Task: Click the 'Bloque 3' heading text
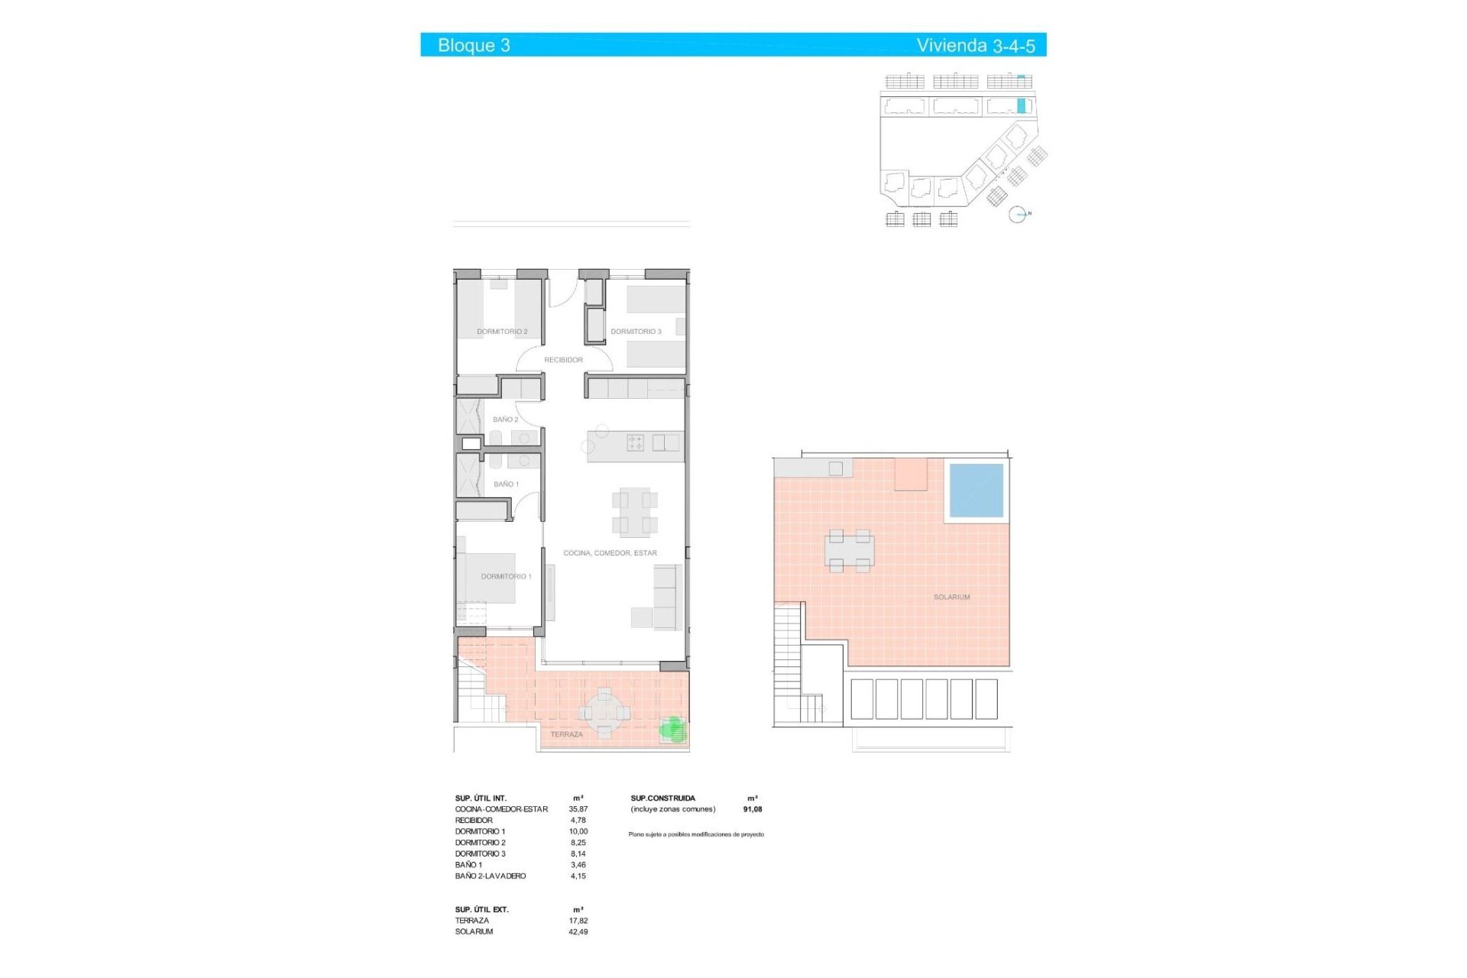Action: [474, 45]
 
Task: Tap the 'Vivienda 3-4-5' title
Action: [975, 45]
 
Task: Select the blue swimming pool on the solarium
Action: [976, 490]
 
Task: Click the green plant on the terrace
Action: [672, 728]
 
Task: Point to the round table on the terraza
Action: [604, 713]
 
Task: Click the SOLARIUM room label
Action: [951, 597]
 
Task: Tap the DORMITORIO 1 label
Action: [506, 576]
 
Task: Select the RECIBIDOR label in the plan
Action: [563, 360]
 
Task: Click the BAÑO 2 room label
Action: [505, 419]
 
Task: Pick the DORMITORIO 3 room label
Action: [636, 332]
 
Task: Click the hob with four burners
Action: [635, 442]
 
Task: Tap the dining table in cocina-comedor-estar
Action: [634, 512]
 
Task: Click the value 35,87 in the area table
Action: [578, 809]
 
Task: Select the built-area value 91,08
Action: [752, 809]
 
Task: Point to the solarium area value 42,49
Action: [578, 931]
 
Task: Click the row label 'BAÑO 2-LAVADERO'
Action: [490, 876]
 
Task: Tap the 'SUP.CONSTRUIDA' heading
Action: [662, 798]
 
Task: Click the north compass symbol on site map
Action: [1017, 215]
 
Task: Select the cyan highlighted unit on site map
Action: [1021, 105]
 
